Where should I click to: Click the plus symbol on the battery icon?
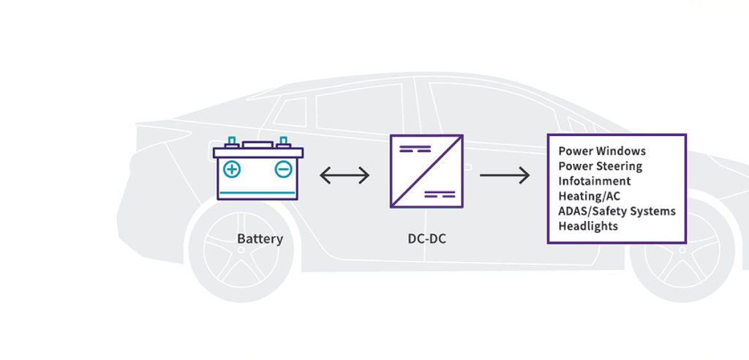point(232,170)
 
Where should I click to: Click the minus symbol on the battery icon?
point(283,170)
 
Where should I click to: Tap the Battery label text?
point(260,239)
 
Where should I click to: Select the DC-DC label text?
point(426,239)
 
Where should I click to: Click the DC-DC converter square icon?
point(426,171)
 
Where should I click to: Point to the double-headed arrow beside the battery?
point(345,176)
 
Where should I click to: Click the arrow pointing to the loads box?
point(505,176)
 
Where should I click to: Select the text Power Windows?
point(602,151)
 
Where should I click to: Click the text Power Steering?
point(600,166)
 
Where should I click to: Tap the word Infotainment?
point(594,181)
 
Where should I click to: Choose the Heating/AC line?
point(590,196)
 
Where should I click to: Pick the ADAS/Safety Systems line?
point(617,211)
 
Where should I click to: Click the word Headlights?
point(588,226)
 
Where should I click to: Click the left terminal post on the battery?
point(232,141)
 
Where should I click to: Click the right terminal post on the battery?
point(283,141)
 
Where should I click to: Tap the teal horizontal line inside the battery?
point(257,192)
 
